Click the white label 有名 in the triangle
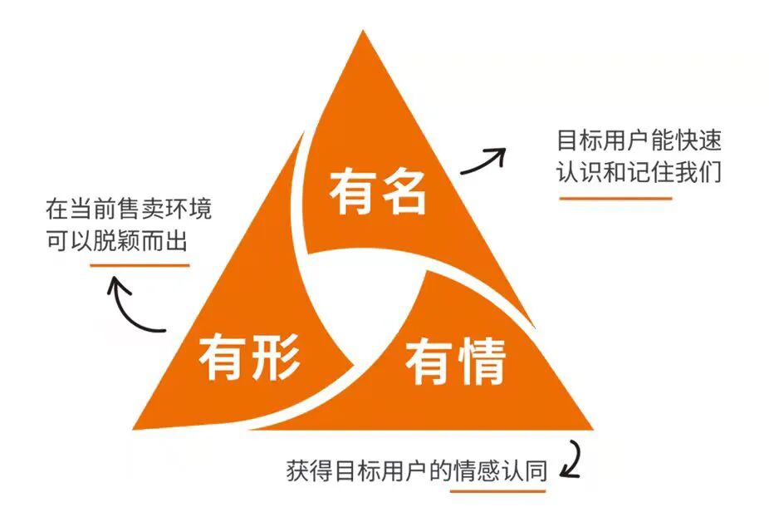click(378, 192)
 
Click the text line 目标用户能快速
click(639, 139)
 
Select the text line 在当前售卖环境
click(129, 208)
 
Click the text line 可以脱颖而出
click(117, 241)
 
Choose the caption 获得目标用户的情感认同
click(415, 471)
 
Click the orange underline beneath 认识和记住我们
click(615, 199)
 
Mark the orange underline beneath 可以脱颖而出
click(140, 265)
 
